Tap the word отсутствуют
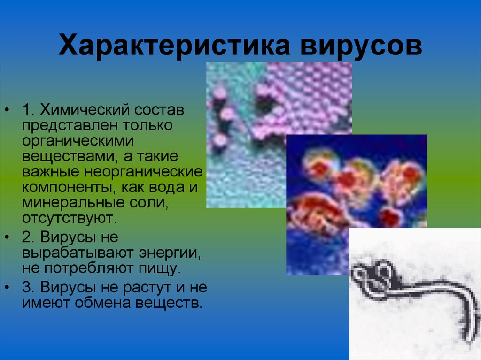pyautogui.click(x=67, y=217)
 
